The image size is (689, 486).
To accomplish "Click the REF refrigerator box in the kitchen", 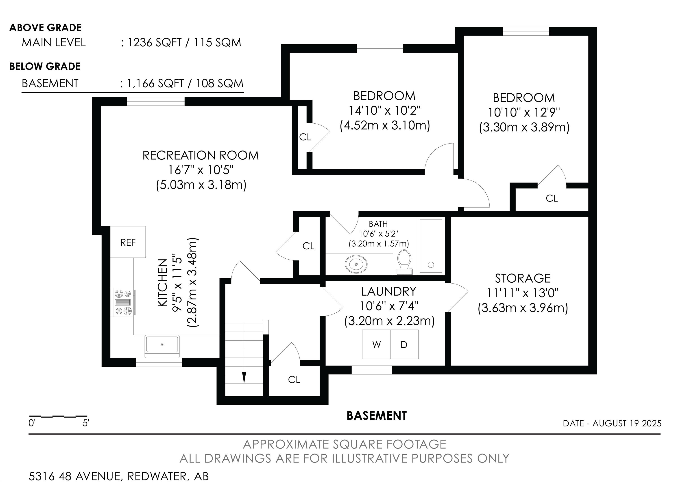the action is (x=128, y=242).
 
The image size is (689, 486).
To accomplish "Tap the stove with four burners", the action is (x=123, y=302).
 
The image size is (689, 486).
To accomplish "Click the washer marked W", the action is (x=376, y=344).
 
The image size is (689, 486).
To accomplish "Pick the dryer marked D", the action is (x=404, y=344).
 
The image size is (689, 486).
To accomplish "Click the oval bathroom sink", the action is (x=356, y=264).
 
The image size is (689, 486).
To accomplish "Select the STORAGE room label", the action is (x=523, y=278).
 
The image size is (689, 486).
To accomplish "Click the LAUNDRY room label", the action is (x=389, y=292).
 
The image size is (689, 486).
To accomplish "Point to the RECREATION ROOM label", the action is (x=201, y=155).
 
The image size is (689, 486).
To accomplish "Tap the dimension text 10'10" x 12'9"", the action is (x=524, y=113).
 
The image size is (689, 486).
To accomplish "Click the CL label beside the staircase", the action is (x=294, y=380).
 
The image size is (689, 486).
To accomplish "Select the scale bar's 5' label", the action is (x=86, y=423).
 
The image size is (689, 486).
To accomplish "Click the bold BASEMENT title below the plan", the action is (x=377, y=416).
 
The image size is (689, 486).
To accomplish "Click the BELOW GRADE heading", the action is (x=45, y=66).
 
